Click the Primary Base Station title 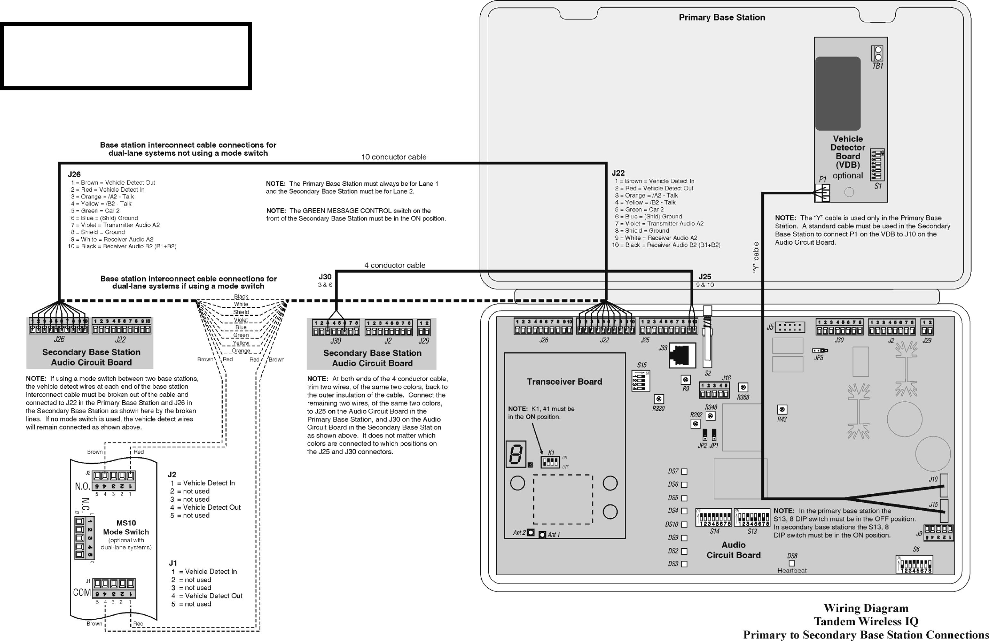[722, 17]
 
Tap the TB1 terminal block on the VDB [877, 54]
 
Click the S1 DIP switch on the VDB [877, 165]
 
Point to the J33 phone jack [682, 355]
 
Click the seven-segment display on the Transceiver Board [516, 454]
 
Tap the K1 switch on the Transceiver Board [550, 462]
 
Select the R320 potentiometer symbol [659, 399]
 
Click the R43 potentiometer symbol [782, 409]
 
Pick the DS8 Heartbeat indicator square [792, 563]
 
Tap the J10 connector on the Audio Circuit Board [944, 485]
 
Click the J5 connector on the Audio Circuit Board [791, 327]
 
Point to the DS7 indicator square [684, 472]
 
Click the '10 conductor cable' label [394, 157]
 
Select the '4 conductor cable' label [395, 265]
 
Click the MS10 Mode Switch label [126, 528]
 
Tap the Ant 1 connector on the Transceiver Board [542, 535]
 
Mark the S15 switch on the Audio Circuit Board [641, 381]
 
